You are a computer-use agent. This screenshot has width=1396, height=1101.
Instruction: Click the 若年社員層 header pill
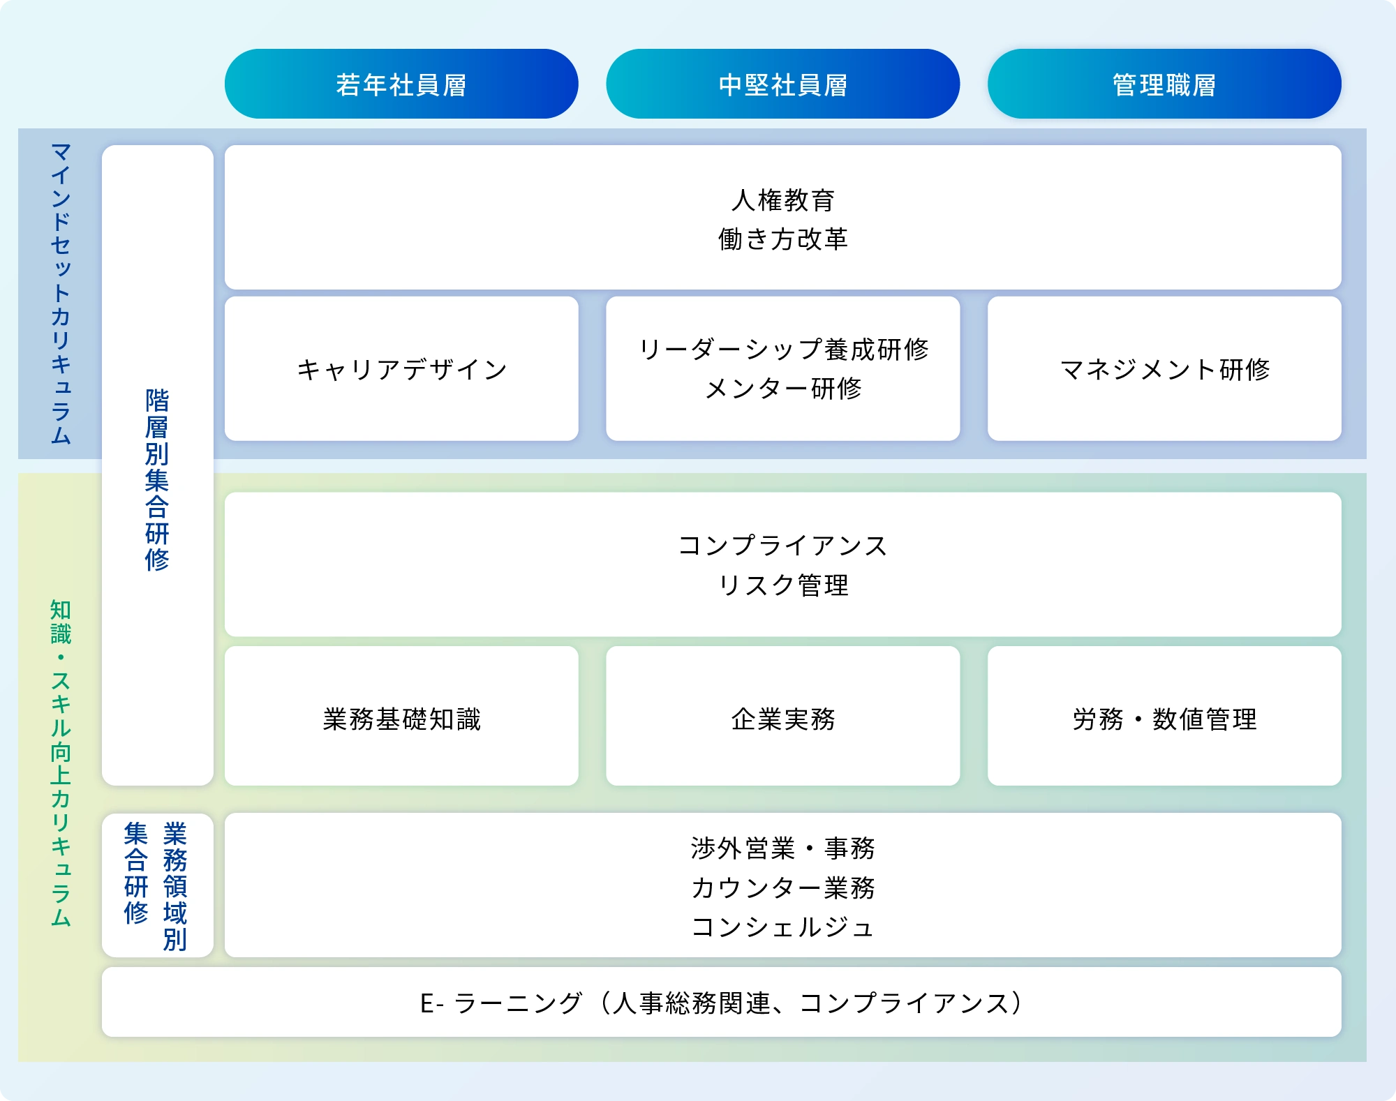[401, 84]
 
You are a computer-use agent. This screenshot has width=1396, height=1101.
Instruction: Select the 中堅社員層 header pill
[782, 84]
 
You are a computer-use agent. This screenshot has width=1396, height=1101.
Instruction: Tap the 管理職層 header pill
[1164, 84]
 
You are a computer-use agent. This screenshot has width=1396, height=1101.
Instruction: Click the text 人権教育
[782, 200]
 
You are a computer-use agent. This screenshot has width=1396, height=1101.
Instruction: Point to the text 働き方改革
[782, 239]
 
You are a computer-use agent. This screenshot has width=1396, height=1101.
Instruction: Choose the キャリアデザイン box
[401, 369]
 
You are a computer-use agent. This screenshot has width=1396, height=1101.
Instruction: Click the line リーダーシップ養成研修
[782, 350]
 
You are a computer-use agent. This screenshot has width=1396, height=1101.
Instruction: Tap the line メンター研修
[782, 389]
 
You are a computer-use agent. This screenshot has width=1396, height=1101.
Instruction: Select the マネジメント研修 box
[1164, 369]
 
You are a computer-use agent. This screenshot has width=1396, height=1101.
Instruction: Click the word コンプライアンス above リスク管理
[782, 546]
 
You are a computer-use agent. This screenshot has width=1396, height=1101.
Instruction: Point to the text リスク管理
[782, 585]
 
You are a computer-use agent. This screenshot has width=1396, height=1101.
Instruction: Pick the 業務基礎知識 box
[401, 719]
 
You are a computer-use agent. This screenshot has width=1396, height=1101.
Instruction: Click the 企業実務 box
[782, 719]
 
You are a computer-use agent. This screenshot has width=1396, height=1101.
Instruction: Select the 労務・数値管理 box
[1164, 719]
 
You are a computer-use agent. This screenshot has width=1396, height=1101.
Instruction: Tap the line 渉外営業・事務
[782, 848]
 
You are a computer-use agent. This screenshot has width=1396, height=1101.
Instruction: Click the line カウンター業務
[782, 887]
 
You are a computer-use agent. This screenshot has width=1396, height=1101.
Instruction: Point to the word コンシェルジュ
[782, 927]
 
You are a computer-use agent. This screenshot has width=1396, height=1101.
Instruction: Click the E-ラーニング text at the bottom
[721, 1003]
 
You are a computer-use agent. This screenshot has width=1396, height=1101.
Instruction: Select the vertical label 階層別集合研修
[157, 480]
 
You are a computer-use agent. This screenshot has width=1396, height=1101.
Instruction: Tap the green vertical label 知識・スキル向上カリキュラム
[61, 763]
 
